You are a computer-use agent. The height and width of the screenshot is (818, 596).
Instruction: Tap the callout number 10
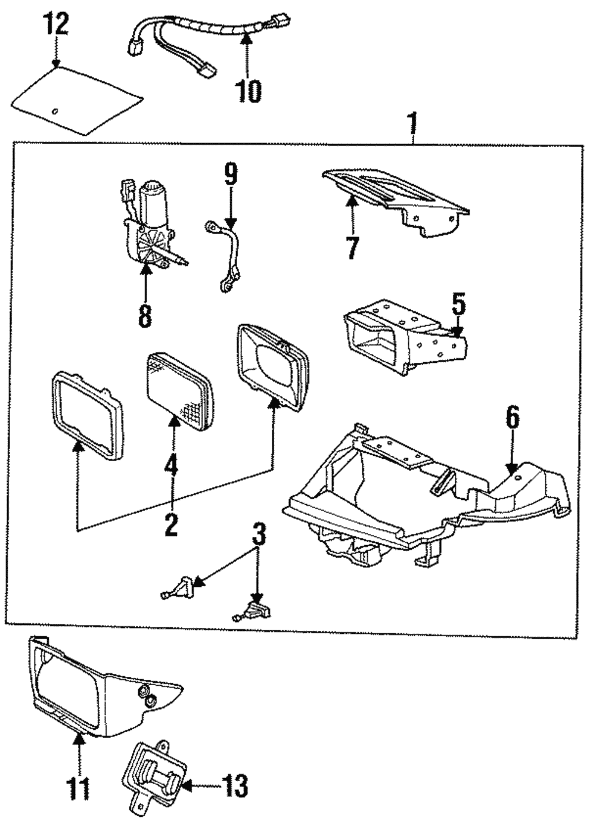coord(248,91)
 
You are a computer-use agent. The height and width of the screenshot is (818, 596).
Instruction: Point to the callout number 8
coord(145,315)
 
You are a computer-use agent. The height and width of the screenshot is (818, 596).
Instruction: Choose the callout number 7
coord(352,247)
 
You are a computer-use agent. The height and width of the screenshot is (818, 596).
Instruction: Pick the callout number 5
coord(458,305)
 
